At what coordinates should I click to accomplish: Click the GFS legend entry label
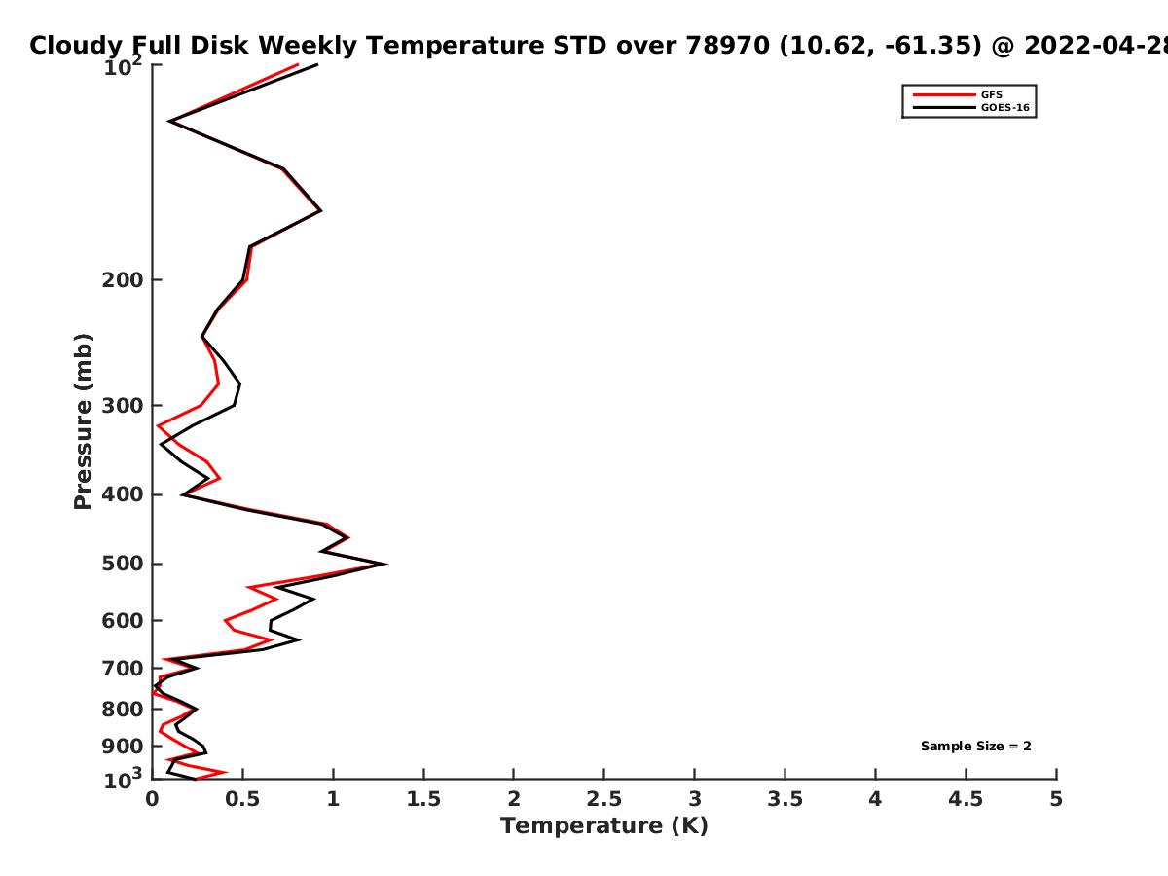pos(991,94)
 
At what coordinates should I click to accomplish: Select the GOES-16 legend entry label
pos(1005,107)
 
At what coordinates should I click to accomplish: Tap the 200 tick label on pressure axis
pos(123,279)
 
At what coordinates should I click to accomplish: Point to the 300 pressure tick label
pos(123,406)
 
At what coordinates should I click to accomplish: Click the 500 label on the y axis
pos(123,564)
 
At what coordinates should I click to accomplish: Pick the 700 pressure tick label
pos(123,669)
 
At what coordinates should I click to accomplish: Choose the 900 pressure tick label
pos(123,747)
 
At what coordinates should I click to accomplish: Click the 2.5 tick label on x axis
pos(604,799)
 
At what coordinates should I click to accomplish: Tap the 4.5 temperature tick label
pos(966,799)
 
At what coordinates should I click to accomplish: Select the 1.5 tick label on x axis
pos(423,799)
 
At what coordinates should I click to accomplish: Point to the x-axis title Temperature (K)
pos(604,826)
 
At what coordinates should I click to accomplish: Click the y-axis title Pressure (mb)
pos(83,421)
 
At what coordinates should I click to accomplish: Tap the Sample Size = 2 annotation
pos(976,746)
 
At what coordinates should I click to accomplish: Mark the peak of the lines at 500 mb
pos(385,564)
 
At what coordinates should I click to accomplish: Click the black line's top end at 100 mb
pos(317,64)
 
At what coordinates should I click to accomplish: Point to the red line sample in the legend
pos(944,94)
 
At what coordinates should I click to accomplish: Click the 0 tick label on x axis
pos(152,799)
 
